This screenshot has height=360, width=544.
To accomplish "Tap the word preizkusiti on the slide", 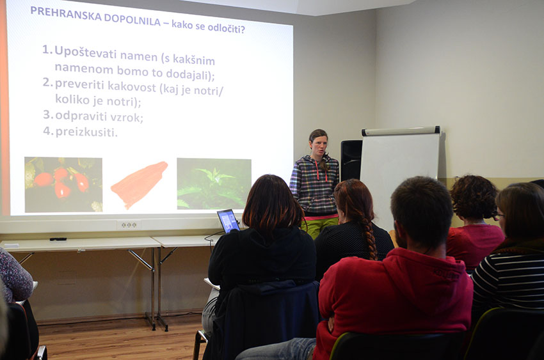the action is [x=86, y=132].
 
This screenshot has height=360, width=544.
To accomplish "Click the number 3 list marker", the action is [x=47, y=114].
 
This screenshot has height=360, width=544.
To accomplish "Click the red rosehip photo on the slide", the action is [x=63, y=184].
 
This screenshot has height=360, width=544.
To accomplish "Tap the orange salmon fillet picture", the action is [x=139, y=184].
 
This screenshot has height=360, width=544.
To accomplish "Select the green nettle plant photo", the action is [x=214, y=184].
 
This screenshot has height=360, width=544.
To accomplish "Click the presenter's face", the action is [x=319, y=145].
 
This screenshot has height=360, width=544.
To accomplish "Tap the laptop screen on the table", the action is [x=228, y=221].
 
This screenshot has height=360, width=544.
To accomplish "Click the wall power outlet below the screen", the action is [x=129, y=225].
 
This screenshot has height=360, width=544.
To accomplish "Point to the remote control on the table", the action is [x=58, y=239].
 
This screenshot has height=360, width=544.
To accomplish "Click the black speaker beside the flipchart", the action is [x=351, y=160].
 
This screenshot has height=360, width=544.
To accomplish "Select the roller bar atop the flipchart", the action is [x=401, y=131].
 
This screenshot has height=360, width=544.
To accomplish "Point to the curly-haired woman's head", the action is [x=474, y=197].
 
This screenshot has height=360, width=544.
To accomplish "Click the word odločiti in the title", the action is [x=226, y=27].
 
